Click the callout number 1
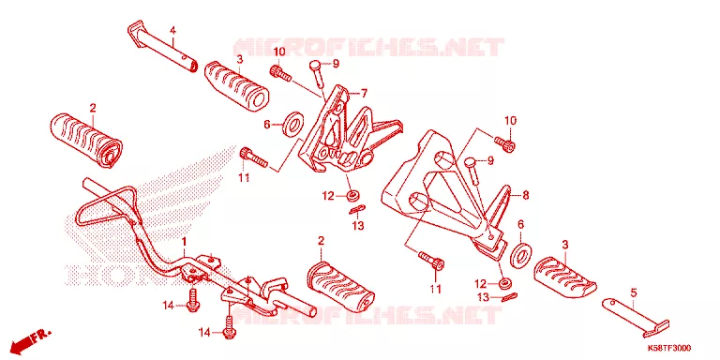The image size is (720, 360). click(x=184, y=241)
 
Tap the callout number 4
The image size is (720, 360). click(x=172, y=31)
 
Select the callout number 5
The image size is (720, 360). click(x=634, y=292)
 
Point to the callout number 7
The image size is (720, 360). click(x=364, y=94)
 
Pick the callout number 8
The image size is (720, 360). click(x=526, y=195)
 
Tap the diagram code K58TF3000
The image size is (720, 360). click(x=669, y=349)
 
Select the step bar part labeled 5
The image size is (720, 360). click(x=636, y=316)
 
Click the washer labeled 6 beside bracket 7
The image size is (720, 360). click(x=293, y=124)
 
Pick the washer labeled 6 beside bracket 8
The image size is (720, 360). click(x=521, y=252)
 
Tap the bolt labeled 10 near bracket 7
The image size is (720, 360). click(x=279, y=73)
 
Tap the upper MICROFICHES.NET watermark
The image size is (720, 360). click(x=368, y=47)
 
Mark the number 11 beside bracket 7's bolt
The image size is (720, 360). click(x=245, y=177)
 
